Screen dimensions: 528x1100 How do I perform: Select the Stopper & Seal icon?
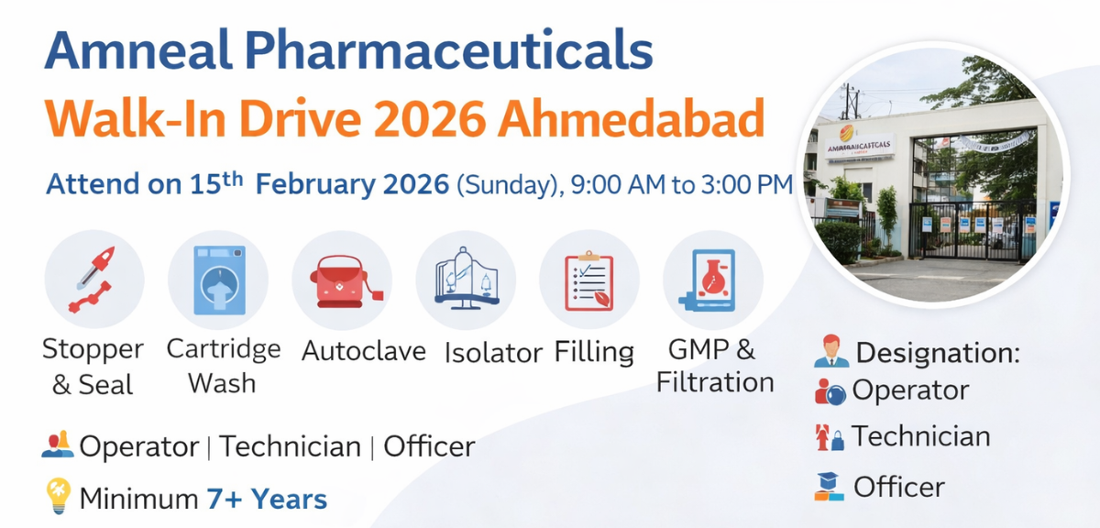point(93,279)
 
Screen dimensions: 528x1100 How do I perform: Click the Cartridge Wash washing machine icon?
point(218,279)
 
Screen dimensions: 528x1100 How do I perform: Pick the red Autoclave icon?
point(342,279)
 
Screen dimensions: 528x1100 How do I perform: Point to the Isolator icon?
point(466,279)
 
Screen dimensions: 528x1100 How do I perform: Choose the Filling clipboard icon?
point(588,279)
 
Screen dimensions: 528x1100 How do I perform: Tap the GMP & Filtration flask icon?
point(712,279)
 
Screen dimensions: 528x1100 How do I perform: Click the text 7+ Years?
point(267,500)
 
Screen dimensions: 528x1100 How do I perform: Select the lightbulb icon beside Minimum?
point(58,496)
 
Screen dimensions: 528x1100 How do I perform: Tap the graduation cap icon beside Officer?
point(829,486)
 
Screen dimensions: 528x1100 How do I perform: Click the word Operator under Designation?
point(910,390)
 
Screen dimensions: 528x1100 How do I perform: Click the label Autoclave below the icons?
point(364,351)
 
